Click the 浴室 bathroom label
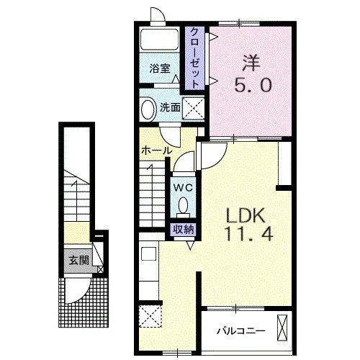click(x=160, y=69)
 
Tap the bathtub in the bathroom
click(x=159, y=39)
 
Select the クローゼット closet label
click(x=195, y=58)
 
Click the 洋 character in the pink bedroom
click(x=251, y=63)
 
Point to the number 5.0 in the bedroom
click(x=253, y=85)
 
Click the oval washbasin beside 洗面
click(x=148, y=108)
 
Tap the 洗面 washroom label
click(x=170, y=108)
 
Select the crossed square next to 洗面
click(x=193, y=109)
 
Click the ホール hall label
click(x=157, y=150)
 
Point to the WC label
click(x=183, y=187)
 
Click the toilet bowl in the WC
click(x=184, y=206)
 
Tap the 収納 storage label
click(x=184, y=230)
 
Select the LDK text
click(x=246, y=215)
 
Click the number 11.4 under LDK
click(x=249, y=234)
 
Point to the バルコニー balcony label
click(x=241, y=331)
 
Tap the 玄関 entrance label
click(x=79, y=260)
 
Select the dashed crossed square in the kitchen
click(x=150, y=316)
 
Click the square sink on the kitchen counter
click(x=148, y=253)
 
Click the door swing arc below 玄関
click(x=82, y=294)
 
